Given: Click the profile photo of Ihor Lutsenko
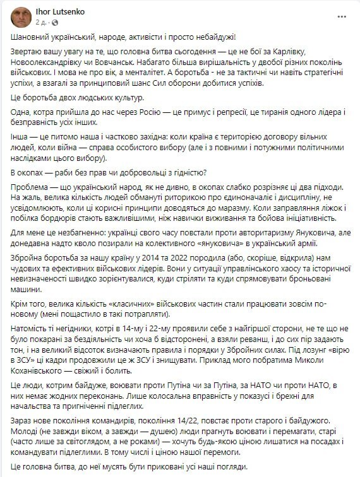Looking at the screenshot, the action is tap(20, 17).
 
